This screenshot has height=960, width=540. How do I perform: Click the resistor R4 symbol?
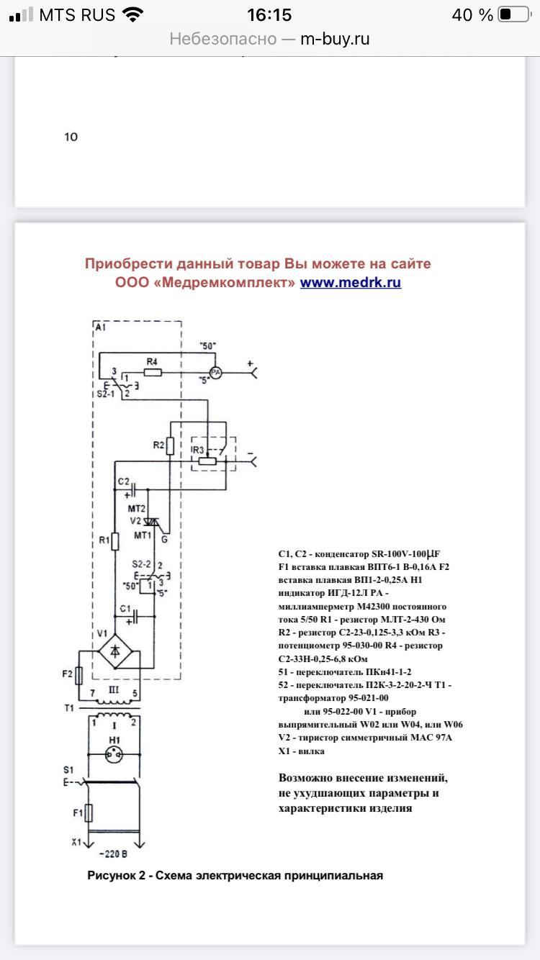[x=152, y=372]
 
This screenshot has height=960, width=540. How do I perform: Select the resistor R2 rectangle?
[x=170, y=445]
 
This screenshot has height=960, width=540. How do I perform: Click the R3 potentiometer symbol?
[x=207, y=461]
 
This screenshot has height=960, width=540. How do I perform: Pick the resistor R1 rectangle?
[x=114, y=540]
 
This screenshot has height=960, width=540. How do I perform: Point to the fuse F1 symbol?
[x=89, y=814]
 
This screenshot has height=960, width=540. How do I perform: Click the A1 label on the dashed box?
[x=100, y=327]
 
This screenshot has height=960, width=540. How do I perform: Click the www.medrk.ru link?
[x=350, y=282]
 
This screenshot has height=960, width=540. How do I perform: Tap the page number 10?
[x=71, y=137]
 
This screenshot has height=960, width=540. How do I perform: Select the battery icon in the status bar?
[x=513, y=14]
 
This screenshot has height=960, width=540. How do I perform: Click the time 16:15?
[x=269, y=14]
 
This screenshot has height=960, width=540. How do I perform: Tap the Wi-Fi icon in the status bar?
[x=133, y=14]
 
